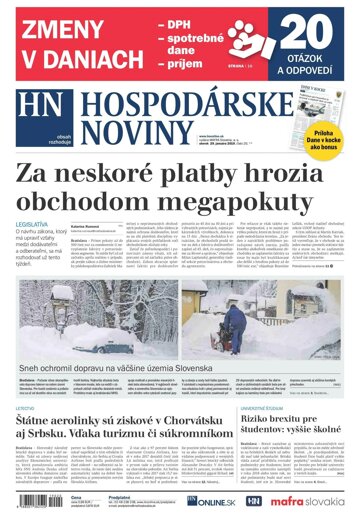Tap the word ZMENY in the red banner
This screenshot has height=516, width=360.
[63, 28]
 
